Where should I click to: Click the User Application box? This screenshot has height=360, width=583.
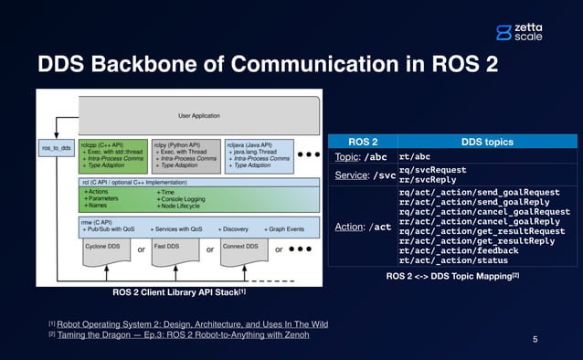pos(197,116)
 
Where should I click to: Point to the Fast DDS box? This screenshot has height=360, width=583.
pos(175,249)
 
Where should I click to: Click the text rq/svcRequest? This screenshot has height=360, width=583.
pos(432,169)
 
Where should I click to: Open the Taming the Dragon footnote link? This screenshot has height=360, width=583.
pos(183,335)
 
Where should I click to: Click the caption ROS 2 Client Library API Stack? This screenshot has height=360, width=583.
pos(176,292)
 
